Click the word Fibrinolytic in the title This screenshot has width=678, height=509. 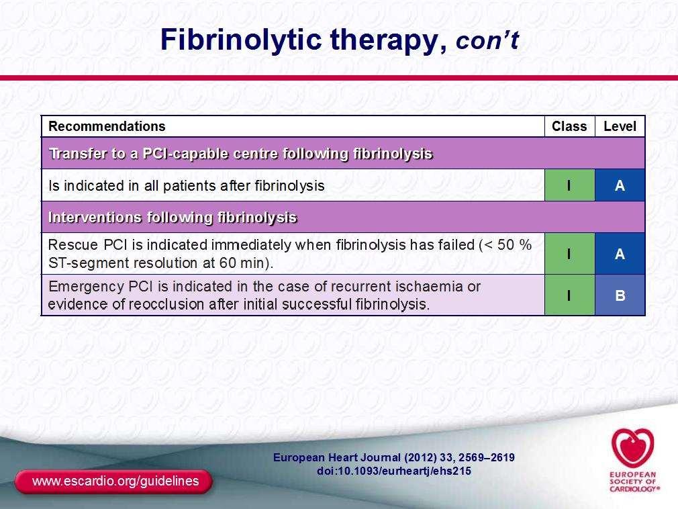pos(241,40)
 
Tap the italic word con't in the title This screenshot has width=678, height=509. pos(487,40)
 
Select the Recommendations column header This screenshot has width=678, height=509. pos(107,126)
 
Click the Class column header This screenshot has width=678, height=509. pos(569,126)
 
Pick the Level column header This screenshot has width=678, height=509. pos(620,126)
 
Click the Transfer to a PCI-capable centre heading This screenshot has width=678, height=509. pos(241,154)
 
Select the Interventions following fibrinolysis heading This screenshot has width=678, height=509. pos(173,217)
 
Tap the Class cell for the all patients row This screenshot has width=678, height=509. pos(569,185)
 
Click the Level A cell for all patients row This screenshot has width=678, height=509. pos(620,185)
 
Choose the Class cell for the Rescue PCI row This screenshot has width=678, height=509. pos(569,253)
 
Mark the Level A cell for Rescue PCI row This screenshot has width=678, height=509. pos(620,253)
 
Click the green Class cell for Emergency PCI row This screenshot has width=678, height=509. pos(569,295)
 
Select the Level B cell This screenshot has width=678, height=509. pos(620,295)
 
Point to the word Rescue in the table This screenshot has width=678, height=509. pos(73,245)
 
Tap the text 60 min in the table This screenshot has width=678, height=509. pos(244,263)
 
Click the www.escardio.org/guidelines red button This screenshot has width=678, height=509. pos(113,481)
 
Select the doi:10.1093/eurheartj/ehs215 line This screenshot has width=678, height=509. pos(394,471)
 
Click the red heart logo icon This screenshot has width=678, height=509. pos(632,448)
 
